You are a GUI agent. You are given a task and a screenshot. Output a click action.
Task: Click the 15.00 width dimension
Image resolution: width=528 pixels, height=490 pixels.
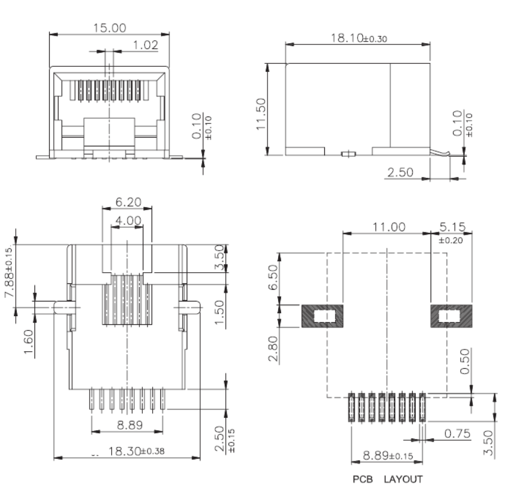pyautogui.click(x=109, y=28)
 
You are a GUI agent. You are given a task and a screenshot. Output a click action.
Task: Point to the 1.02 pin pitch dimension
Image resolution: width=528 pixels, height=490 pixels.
pyautogui.click(x=146, y=45)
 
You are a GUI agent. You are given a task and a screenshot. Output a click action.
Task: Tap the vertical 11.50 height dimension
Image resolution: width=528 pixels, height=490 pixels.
pyautogui.click(x=261, y=114)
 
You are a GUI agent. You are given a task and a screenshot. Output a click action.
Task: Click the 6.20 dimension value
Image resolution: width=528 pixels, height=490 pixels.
pyautogui.click(x=128, y=202)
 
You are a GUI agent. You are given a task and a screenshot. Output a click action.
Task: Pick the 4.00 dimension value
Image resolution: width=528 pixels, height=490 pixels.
pyautogui.click(x=128, y=221)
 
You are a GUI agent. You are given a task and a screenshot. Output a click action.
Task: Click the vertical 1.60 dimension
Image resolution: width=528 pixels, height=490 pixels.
pyautogui.click(x=28, y=341)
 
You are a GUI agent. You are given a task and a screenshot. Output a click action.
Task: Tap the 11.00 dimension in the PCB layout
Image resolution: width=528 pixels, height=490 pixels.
pyautogui.click(x=389, y=227)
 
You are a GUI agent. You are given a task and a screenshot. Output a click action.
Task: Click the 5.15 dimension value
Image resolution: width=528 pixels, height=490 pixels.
pyautogui.click(x=452, y=227)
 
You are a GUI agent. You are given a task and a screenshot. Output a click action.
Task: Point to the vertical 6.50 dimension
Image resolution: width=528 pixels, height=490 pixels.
pyautogui.click(x=273, y=277)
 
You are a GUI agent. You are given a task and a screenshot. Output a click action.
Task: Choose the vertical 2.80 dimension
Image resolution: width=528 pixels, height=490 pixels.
pyautogui.click(x=273, y=348)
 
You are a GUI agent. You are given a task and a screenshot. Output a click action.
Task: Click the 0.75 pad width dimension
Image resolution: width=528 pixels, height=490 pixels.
pyautogui.click(x=457, y=433)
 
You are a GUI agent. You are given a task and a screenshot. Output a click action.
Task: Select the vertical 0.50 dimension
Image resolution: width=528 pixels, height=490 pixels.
pyautogui.click(x=465, y=361)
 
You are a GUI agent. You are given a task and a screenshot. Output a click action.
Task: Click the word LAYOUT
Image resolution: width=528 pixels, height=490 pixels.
pyautogui.click(x=403, y=479)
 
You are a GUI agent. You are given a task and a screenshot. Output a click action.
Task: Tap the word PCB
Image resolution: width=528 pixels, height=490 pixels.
pyautogui.click(x=363, y=479)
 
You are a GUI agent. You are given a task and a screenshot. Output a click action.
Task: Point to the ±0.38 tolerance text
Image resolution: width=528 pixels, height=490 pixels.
pyautogui.click(x=152, y=451)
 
